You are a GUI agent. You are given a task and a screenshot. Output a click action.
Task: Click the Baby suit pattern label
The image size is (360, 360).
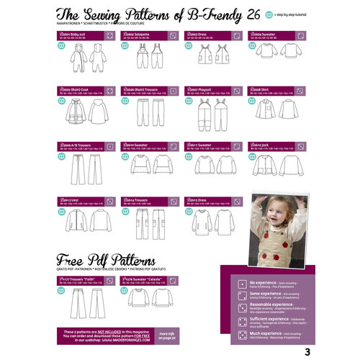point(75,35)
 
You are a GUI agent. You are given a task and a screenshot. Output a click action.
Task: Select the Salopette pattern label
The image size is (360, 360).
point(137,35)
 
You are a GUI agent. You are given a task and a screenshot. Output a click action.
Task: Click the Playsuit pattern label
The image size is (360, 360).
point(199,91)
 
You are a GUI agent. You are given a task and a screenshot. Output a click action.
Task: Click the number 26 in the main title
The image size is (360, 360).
point(253,14)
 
